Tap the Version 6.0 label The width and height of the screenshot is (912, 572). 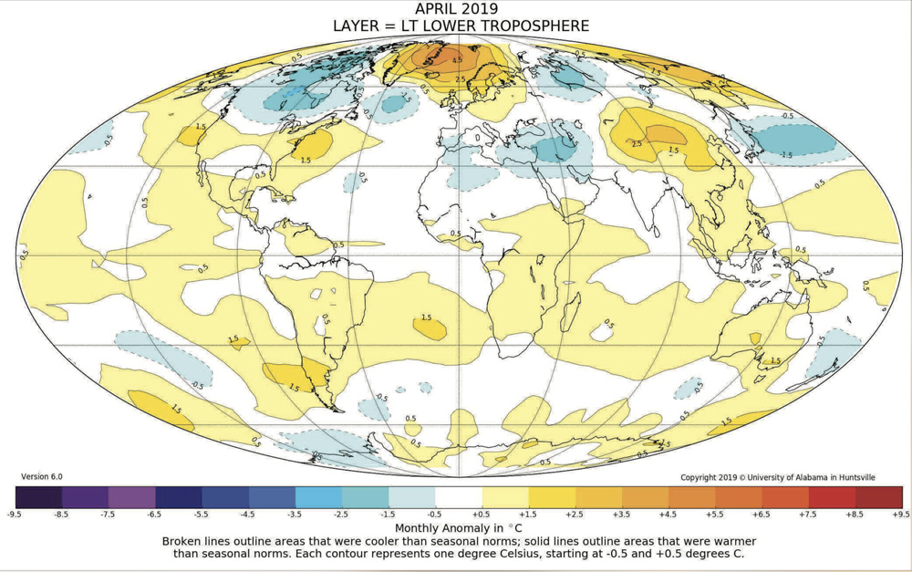[42, 476]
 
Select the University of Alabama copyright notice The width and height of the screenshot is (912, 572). [791, 477]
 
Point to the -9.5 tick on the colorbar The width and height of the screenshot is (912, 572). [15, 515]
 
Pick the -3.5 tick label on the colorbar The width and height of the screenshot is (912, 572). [295, 515]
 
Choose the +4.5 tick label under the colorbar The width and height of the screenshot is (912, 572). [668, 515]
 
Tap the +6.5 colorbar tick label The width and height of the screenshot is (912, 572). [762, 515]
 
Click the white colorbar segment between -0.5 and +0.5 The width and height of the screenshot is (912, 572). [458, 496]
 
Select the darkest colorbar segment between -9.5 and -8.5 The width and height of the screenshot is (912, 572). [38, 496]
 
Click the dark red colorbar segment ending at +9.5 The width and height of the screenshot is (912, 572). [878, 496]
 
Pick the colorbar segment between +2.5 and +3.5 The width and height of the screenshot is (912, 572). [598, 496]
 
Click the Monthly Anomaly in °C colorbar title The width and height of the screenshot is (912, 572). [457, 528]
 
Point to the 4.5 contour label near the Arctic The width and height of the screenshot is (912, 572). [458, 60]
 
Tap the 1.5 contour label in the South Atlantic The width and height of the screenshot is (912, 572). [426, 317]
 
